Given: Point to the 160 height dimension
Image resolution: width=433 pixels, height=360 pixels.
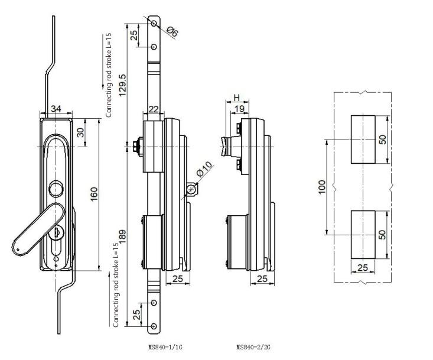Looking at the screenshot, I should (x=93, y=193).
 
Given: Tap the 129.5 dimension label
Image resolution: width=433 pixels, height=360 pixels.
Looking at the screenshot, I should (x=122, y=87).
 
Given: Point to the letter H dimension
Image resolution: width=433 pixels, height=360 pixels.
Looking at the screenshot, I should (x=236, y=97).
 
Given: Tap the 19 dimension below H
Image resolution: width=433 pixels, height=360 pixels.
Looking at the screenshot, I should (x=239, y=109).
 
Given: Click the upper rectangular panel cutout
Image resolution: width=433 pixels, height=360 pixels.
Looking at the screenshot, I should (x=363, y=140).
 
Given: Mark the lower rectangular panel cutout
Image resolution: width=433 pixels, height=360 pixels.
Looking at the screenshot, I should (x=363, y=234).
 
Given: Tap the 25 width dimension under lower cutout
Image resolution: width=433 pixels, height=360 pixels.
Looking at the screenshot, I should (x=363, y=268).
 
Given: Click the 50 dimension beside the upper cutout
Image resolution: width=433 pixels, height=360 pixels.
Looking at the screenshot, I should (x=382, y=140).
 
